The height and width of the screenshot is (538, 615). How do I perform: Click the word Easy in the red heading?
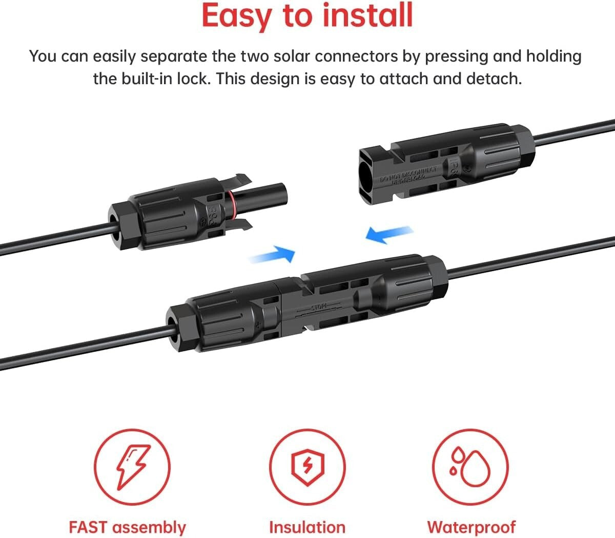click(x=237, y=15)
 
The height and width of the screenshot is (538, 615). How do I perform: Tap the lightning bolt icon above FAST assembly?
click(x=132, y=467)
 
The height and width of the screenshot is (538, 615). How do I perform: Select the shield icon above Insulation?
click(x=307, y=467)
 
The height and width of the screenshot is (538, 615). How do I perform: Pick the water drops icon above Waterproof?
click(x=470, y=467)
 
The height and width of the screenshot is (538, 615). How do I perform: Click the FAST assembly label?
click(x=127, y=527)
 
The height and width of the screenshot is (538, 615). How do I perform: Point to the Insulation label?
click(x=307, y=527)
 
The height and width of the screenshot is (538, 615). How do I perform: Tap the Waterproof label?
click(x=471, y=527)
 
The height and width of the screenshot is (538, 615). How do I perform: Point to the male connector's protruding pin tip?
click(x=281, y=194)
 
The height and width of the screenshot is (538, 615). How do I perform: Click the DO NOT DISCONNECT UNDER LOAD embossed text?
click(x=408, y=175)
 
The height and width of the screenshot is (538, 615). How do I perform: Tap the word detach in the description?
click(x=493, y=79)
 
